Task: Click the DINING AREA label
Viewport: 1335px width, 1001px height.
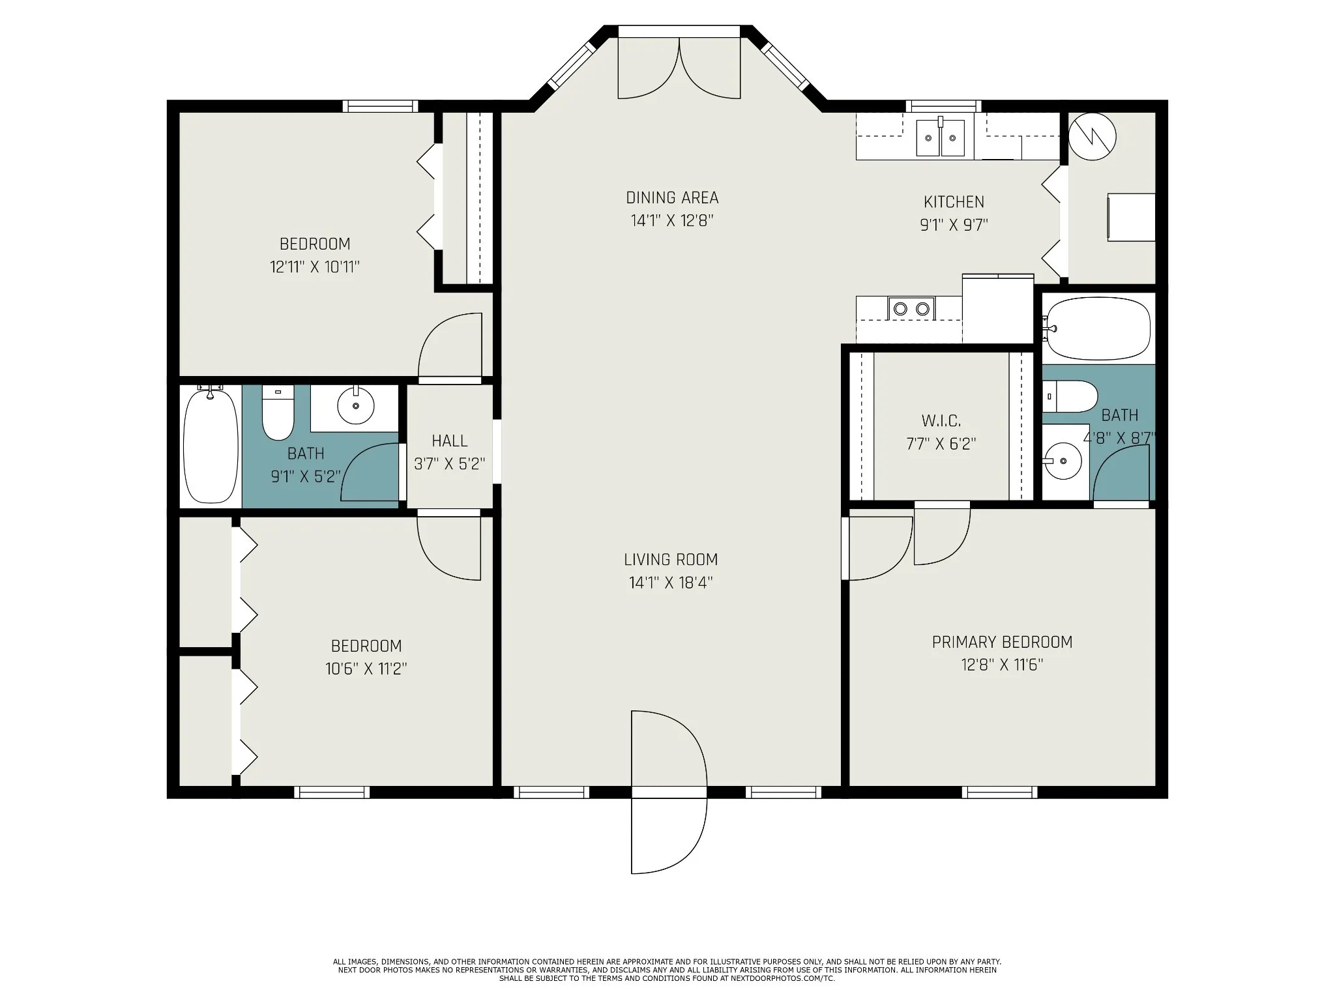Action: click(x=672, y=197)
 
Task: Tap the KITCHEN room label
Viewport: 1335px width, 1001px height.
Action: click(x=954, y=202)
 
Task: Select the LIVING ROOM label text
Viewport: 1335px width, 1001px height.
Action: click(x=671, y=559)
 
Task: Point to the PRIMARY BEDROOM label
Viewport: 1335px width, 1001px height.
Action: click(x=1002, y=642)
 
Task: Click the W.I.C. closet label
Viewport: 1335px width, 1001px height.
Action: click(x=941, y=420)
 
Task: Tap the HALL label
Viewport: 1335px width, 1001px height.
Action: click(x=449, y=441)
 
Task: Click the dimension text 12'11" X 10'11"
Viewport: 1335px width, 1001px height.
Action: click(x=315, y=267)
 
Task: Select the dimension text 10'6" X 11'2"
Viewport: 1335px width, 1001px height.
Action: click(x=366, y=669)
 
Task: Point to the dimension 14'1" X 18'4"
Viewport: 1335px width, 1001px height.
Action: click(x=671, y=583)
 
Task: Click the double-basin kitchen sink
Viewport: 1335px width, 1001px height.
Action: click(x=940, y=138)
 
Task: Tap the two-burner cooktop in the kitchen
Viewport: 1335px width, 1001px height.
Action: click(x=911, y=308)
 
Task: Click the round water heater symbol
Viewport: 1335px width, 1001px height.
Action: click(x=1093, y=137)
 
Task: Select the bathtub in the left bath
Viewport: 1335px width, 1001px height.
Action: click(x=211, y=444)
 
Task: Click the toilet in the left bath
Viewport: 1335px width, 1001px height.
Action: click(x=278, y=413)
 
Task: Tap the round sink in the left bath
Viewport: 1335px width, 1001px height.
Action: click(x=355, y=405)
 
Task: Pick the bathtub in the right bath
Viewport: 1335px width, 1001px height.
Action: click(x=1098, y=328)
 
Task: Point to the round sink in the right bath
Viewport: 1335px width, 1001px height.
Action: click(x=1063, y=461)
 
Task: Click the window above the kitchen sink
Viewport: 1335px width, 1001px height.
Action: click(x=943, y=106)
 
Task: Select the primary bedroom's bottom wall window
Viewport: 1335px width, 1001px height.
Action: click(x=999, y=792)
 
